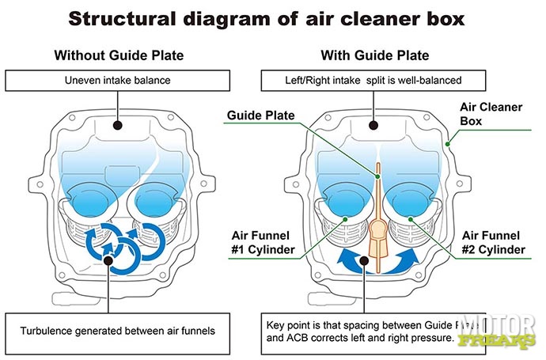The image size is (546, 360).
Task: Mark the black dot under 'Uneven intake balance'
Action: tap(118, 125)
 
